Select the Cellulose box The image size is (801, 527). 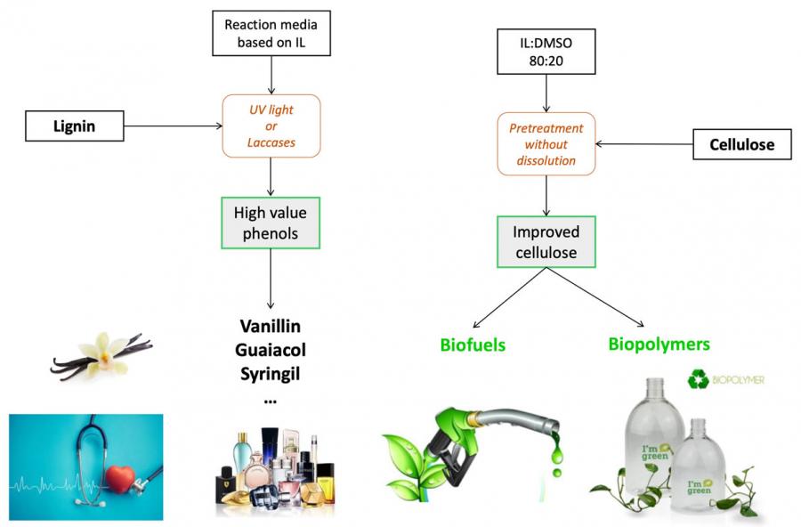[740, 143]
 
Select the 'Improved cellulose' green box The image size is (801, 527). [546, 242]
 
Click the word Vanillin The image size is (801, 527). [270, 327]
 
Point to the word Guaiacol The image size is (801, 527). [270, 350]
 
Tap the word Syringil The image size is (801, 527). [270, 373]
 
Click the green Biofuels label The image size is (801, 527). [473, 345]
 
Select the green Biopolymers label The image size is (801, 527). [659, 343]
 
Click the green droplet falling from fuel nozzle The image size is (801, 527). [556, 455]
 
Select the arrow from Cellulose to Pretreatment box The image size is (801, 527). [643, 143]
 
